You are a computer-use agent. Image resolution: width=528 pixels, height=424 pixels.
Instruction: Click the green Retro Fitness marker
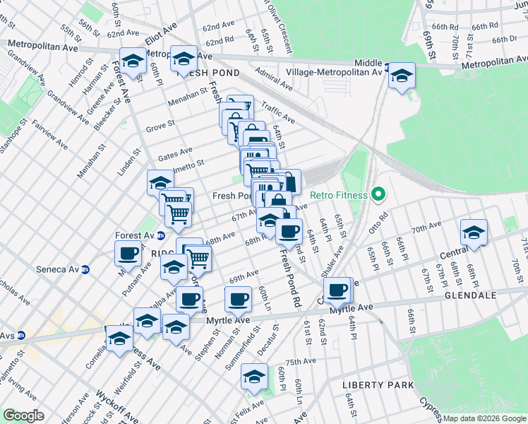coord(378,195)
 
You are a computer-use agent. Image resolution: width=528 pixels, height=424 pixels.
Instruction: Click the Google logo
coord(24,416)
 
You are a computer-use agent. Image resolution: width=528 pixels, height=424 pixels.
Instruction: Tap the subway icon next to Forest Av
coord(160,236)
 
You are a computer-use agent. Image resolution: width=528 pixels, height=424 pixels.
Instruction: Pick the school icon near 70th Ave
coord(474,232)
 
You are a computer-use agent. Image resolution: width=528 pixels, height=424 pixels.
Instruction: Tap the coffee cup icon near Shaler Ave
coord(337,289)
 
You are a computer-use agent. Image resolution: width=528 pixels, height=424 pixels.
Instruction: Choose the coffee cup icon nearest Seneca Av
coord(129,253)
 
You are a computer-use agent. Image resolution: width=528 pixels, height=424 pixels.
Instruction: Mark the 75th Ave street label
coord(301,361)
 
